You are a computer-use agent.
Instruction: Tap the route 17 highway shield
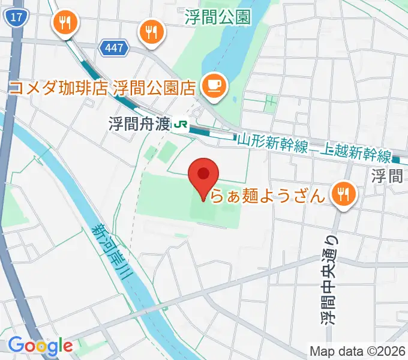click(17, 19)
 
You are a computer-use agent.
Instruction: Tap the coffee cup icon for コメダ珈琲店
click(212, 86)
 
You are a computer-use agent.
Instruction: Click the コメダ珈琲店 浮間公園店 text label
click(101, 88)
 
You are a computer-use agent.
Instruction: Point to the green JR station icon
click(179, 124)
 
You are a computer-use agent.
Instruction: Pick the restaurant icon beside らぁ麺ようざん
click(344, 193)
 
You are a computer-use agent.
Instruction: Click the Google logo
click(40, 345)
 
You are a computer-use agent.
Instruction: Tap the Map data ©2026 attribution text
click(358, 350)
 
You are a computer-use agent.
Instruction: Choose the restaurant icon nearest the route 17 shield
click(64, 23)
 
